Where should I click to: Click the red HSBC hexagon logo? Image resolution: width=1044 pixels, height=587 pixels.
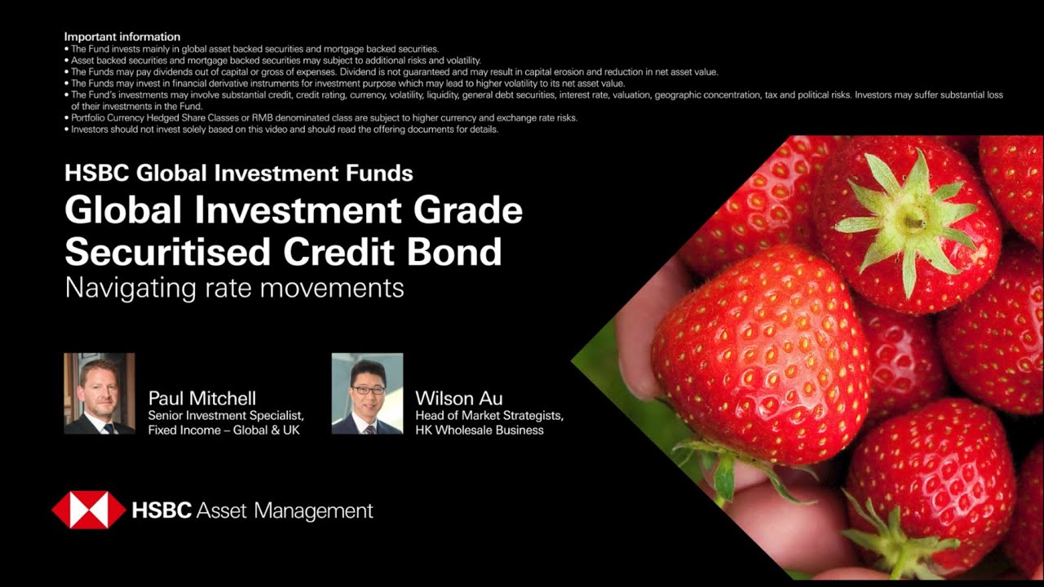pos(88,510)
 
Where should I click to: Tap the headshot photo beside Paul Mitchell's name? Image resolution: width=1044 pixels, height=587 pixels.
pos(100,393)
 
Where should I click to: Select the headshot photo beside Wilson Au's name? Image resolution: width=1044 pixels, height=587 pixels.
pos(367,393)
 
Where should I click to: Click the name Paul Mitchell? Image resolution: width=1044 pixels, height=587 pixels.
pos(202,398)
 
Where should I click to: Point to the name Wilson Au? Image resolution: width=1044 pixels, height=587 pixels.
pos(458,398)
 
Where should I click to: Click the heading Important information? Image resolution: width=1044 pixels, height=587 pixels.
pos(122,37)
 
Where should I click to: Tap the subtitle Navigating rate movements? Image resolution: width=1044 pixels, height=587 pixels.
pos(234,288)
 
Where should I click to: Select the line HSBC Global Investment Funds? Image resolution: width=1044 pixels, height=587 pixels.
pos(238,173)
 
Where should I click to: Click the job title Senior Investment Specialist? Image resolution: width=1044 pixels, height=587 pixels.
pos(226,416)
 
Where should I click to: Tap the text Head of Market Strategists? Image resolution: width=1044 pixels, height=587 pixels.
pos(489,416)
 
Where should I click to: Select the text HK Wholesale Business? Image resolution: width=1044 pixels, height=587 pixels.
pos(480,430)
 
